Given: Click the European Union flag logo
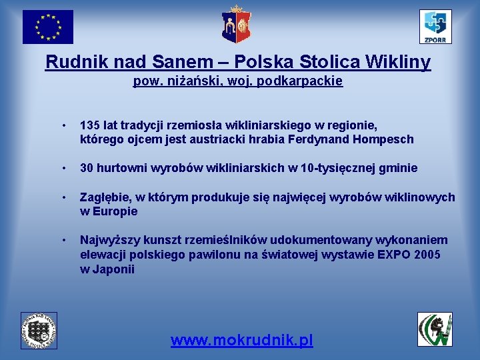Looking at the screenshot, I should tap(47, 27).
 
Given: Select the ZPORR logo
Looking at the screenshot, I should tap(435, 27).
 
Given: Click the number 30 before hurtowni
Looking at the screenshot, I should tap(87, 168).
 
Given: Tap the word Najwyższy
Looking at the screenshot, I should tap(109, 240).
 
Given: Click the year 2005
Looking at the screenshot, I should tap(427, 255).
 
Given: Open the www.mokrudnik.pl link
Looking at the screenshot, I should tap(241, 341).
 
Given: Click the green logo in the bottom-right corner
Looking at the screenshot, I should tap(435, 329).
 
